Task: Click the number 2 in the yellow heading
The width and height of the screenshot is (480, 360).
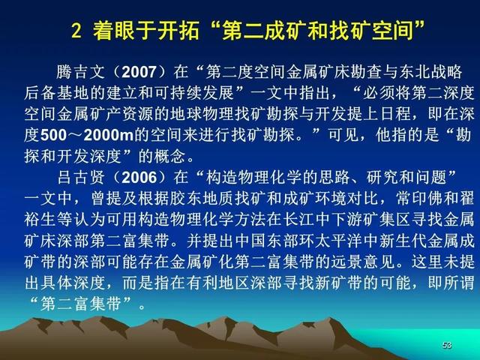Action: click(76, 31)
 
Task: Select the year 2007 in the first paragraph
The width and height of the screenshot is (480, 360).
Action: click(139, 72)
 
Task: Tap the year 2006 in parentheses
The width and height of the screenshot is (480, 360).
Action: click(139, 178)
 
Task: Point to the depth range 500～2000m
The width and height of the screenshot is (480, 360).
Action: click(87, 135)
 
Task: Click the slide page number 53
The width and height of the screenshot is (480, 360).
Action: click(447, 345)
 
